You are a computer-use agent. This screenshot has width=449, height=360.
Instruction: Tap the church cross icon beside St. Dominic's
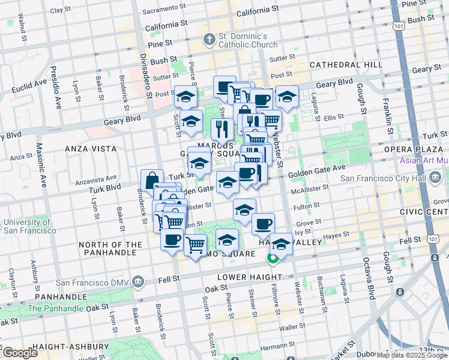[209, 41]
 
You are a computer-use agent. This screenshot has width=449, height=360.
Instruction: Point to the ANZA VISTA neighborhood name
[89, 147]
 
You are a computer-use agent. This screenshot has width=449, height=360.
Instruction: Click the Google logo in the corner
[20, 353]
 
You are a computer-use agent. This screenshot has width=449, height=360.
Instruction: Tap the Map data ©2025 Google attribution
[412, 355]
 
